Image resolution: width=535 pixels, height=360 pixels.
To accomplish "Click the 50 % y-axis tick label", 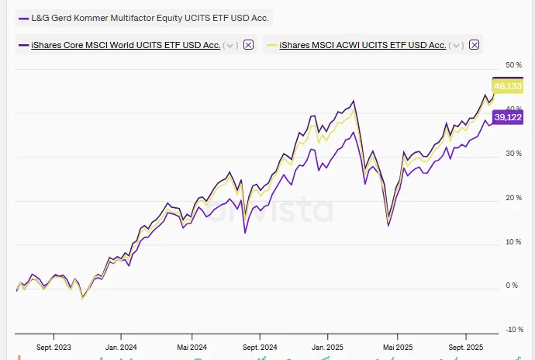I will coord(513,64).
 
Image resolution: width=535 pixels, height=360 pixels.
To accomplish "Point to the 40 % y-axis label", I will coord(513,109).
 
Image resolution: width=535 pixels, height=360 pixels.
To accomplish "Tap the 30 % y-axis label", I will coord(513,153).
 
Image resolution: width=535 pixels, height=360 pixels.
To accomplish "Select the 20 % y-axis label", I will coord(513,197).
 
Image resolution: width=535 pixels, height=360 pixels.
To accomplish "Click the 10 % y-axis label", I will coord(513,241).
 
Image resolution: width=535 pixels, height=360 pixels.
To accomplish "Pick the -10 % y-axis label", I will coord(514,330).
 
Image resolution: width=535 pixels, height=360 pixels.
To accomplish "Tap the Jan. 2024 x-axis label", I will coord(122,348).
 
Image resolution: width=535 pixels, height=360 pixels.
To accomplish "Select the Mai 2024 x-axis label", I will coord(191,348).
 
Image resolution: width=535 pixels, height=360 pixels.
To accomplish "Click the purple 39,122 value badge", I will coord(509,117).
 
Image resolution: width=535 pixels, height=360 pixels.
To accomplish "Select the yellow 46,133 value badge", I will coord(509,86).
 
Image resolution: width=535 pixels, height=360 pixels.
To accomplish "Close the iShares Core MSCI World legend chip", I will coord(248,45).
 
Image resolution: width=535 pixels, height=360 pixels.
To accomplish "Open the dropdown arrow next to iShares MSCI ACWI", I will coord(456,45).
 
